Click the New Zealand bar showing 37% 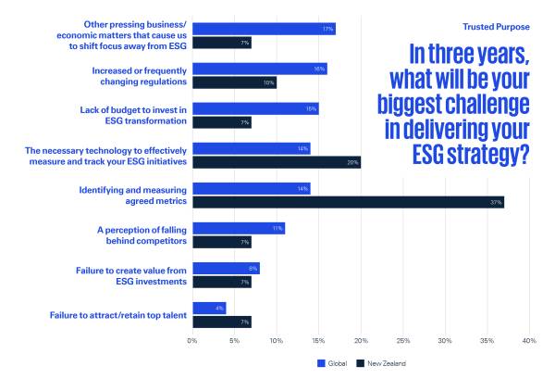348,202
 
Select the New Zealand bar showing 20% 277,162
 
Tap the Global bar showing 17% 264,29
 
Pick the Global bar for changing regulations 260,69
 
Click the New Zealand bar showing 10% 234,82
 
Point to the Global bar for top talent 209,309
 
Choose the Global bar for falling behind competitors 239,228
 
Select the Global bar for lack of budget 255,108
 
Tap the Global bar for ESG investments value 226,269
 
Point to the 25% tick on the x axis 402,341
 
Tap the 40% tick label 529,341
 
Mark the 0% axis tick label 192,341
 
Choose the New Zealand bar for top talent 222,322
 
